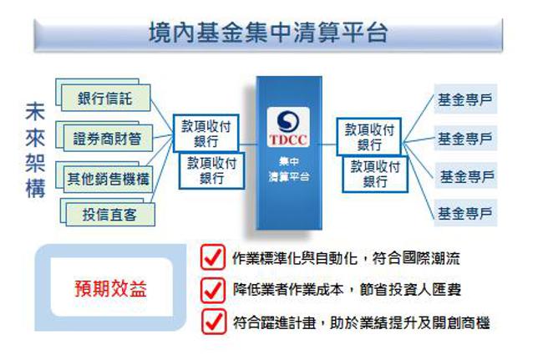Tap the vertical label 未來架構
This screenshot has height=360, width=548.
[x=35, y=151]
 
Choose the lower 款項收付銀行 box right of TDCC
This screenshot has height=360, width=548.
[x=375, y=174]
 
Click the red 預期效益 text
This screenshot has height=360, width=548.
[x=110, y=290]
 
